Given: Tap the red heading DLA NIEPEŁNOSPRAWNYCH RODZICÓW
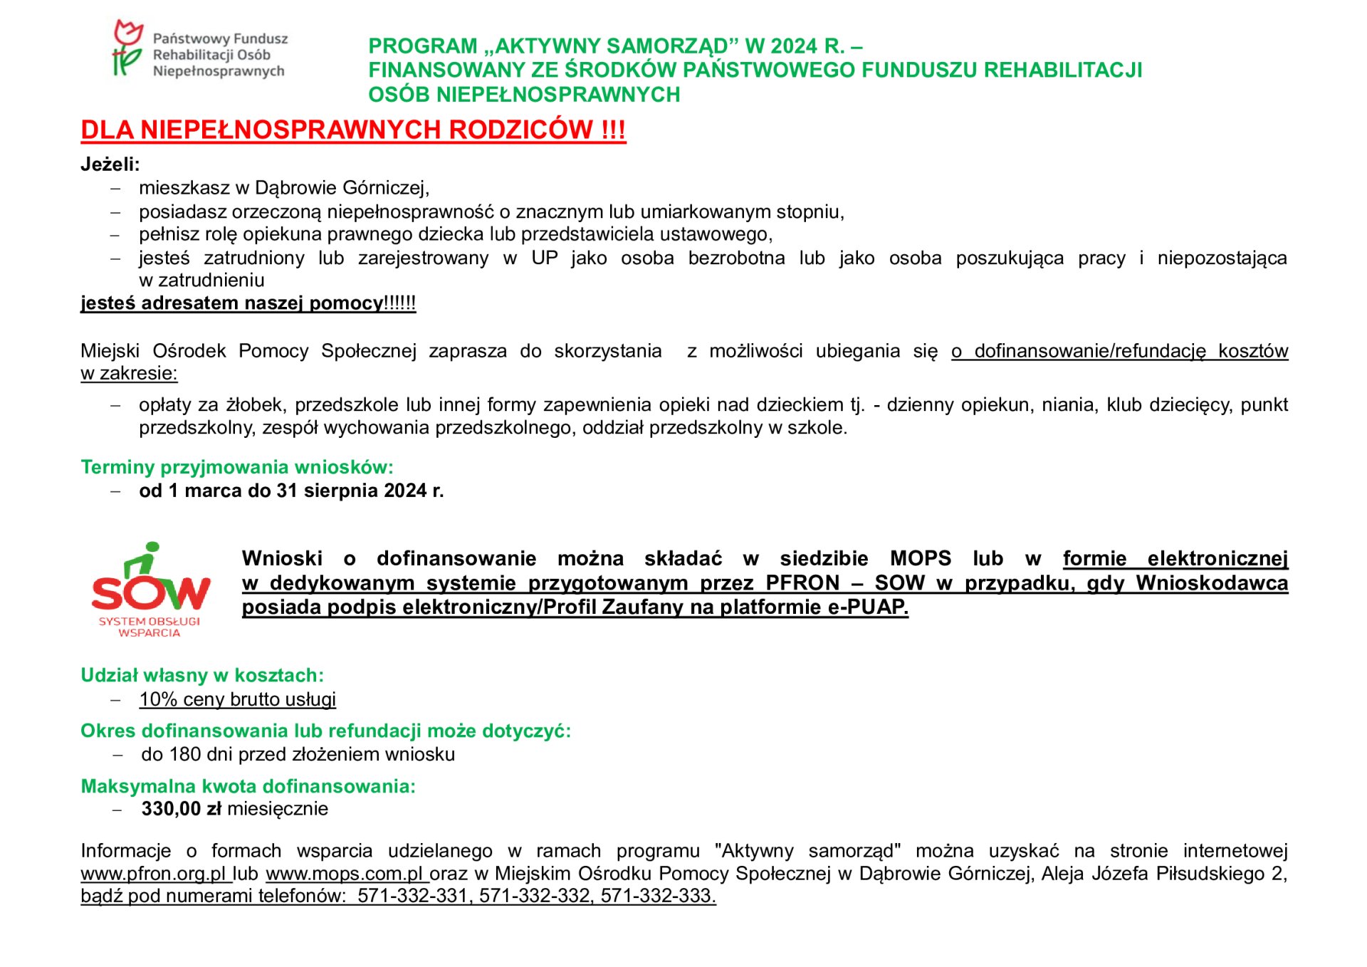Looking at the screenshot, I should coord(352,130).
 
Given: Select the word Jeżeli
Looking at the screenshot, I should coord(109,164).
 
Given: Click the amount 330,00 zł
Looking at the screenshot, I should coord(181,809).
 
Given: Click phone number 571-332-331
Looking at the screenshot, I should coord(412,896).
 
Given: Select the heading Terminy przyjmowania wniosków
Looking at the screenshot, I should coord(236,467).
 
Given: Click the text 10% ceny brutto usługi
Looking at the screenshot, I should coord(237,699).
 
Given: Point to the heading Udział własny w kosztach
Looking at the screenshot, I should coord(201,675).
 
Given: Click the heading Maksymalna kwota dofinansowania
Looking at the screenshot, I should coord(248,786).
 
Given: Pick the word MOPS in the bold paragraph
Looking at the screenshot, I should coord(920,558).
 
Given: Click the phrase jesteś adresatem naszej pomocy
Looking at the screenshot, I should coord(231,303).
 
